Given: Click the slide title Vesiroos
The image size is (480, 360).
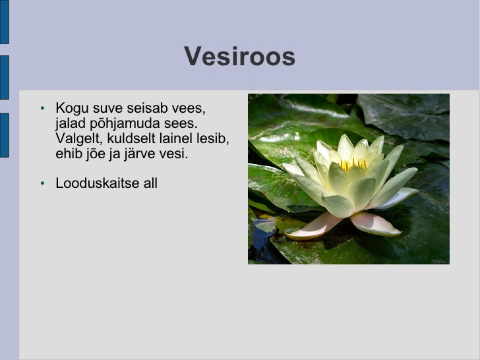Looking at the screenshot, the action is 240,56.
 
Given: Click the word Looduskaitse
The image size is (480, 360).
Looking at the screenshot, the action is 98,183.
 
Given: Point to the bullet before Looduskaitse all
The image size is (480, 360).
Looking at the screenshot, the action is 42,183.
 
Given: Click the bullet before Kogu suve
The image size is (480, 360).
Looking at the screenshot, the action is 42,108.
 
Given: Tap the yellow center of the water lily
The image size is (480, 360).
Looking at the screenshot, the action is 353,164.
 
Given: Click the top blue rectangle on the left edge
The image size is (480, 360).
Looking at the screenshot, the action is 4,22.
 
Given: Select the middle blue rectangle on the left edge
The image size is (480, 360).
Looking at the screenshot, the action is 4,77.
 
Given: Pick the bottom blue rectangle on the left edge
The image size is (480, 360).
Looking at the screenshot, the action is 4,135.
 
